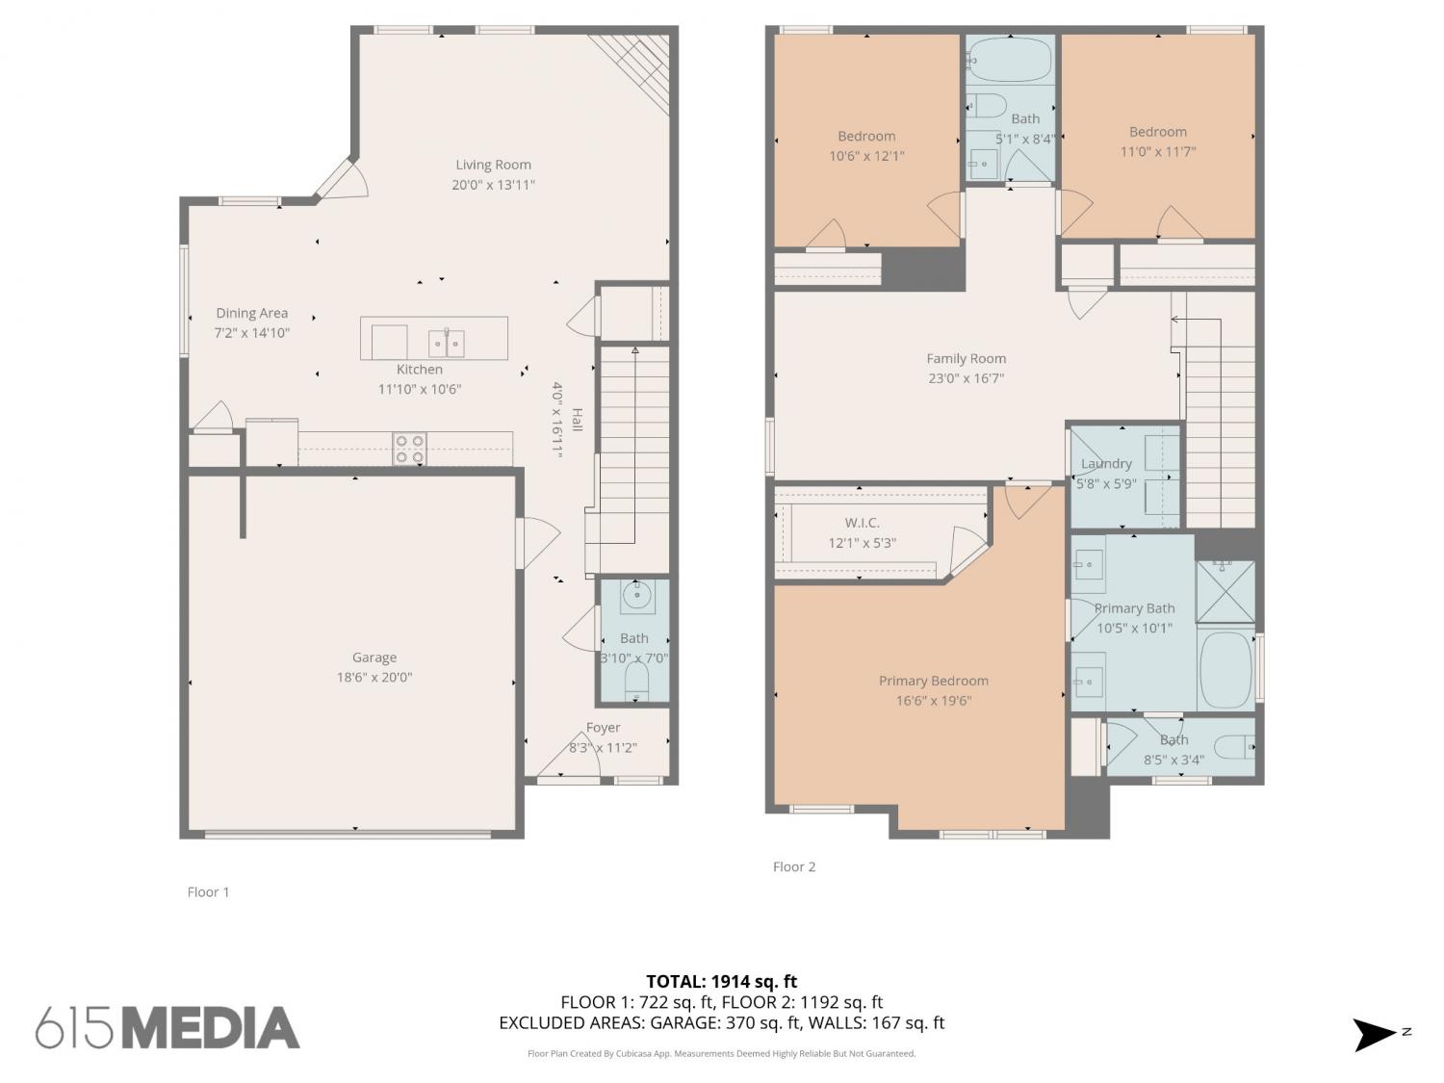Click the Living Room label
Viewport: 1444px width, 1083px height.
[493, 165]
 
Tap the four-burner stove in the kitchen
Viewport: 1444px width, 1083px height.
[408, 449]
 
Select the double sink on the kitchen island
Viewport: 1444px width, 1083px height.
[446, 343]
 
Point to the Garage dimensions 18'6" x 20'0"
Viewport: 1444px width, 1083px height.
[374, 677]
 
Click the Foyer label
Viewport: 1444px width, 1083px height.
[603, 727]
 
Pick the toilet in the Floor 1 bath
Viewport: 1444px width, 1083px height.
[635, 681]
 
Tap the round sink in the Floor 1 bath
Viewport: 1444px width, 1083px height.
[637, 596]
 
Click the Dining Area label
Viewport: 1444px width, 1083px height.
[252, 313]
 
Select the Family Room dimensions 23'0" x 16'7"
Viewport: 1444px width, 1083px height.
[966, 378]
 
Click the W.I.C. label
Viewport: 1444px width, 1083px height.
[862, 523]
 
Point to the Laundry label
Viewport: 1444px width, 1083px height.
[1106, 464]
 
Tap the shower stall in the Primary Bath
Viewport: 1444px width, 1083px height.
[1225, 591]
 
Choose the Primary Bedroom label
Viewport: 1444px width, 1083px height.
[933, 681]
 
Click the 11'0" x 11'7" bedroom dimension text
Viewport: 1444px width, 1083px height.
[1157, 151]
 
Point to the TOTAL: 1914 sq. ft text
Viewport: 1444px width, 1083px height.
[721, 982]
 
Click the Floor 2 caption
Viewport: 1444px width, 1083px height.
[793, 866]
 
